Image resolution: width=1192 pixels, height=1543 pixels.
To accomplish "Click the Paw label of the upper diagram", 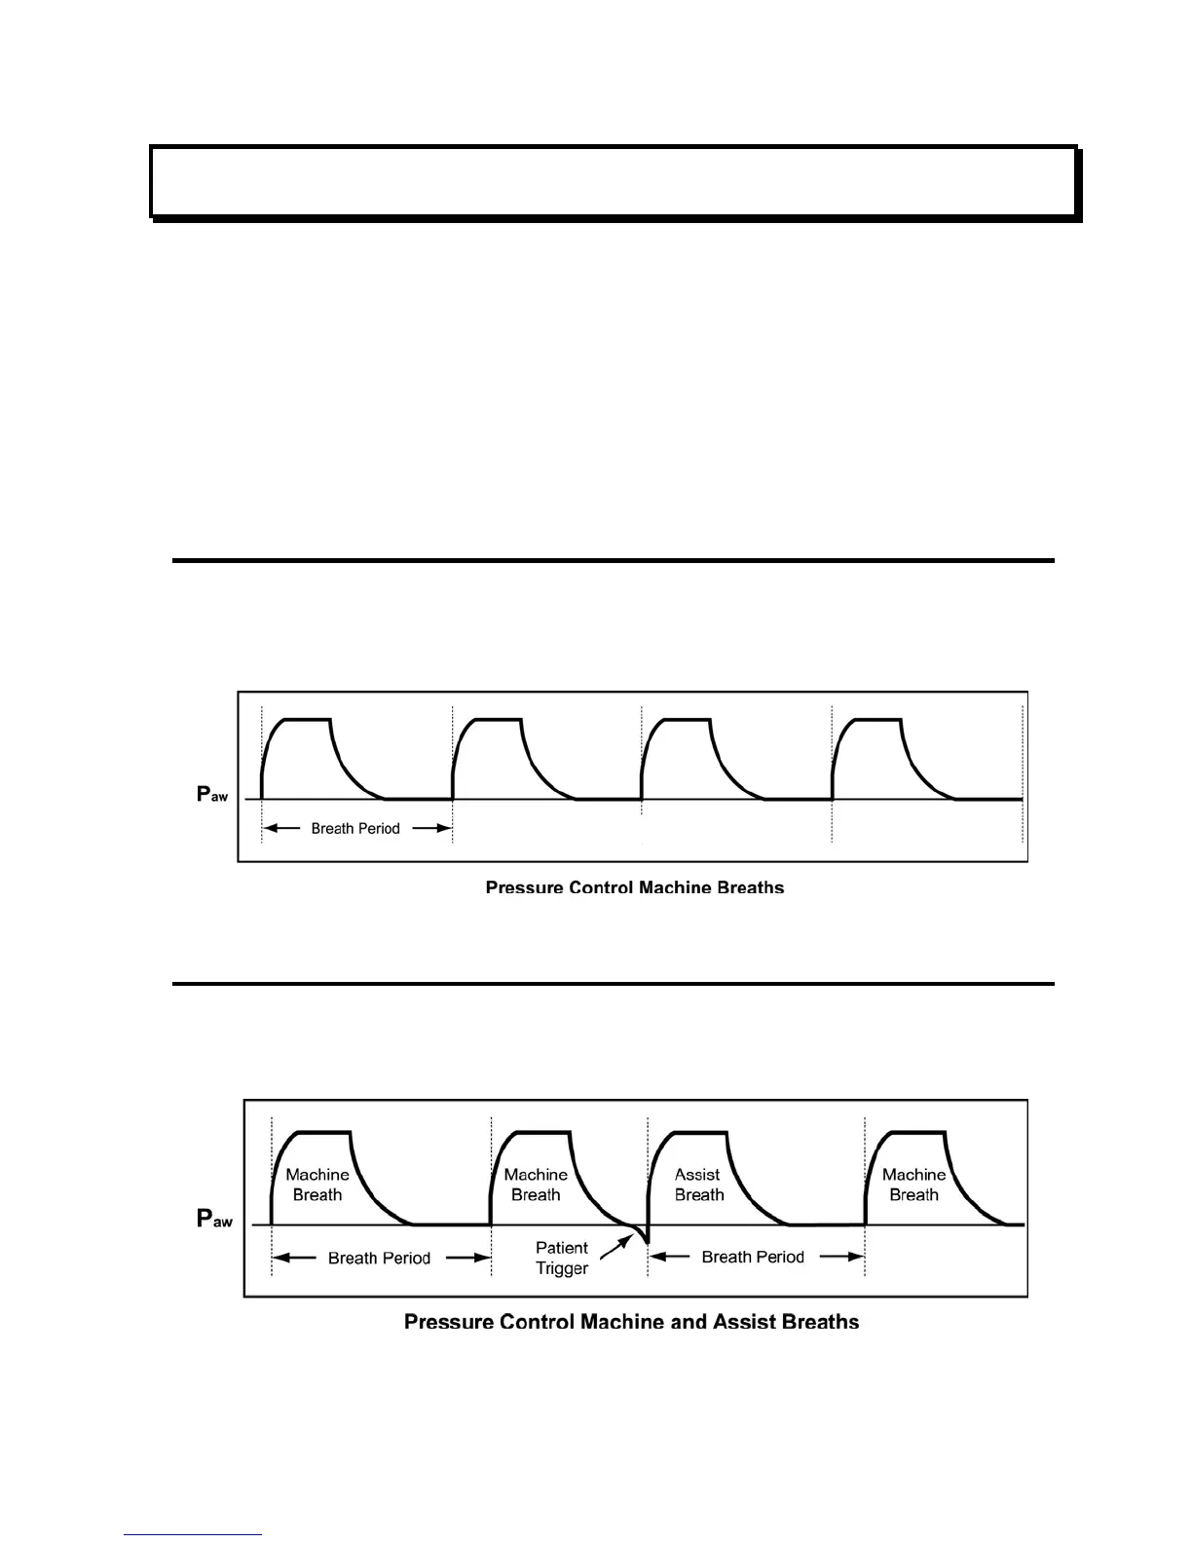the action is pos(212,795).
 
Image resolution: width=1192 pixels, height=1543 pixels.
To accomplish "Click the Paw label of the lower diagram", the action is pos(214,1219).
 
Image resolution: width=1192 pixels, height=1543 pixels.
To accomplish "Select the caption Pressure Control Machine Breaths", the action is pos(634,887).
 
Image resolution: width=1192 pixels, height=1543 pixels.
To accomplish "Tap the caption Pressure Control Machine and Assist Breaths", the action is pos(631,1322).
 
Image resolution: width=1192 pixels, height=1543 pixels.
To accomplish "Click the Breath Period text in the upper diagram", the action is pos(355,829).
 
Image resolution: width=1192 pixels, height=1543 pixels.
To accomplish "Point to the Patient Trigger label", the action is pos(562,1258).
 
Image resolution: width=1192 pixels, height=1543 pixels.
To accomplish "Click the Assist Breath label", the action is pos(698,1185).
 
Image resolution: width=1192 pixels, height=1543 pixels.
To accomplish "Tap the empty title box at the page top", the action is pos(614,182).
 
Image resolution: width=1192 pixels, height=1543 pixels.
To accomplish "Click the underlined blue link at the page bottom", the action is pos(193,1534).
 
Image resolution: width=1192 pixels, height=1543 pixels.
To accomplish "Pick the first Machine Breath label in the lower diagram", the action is pos(317,1185).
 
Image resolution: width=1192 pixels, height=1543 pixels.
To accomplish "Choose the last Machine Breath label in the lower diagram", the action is pos(913,1185).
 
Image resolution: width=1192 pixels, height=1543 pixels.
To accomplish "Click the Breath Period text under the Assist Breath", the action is pos(753,1258).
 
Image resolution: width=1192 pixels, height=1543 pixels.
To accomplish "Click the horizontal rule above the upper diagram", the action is pos(614,561).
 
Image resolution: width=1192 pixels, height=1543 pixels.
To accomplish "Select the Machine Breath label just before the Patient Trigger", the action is pos(536,1185).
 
